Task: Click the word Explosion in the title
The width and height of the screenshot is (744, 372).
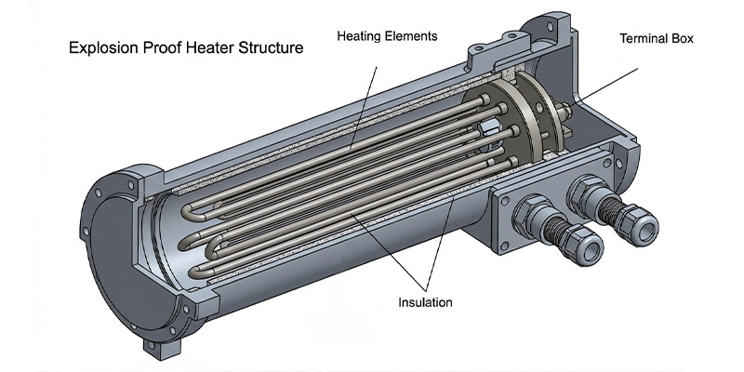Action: [x=100, y=46]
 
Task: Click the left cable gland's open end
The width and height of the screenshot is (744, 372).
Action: [x=593, y=253]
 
